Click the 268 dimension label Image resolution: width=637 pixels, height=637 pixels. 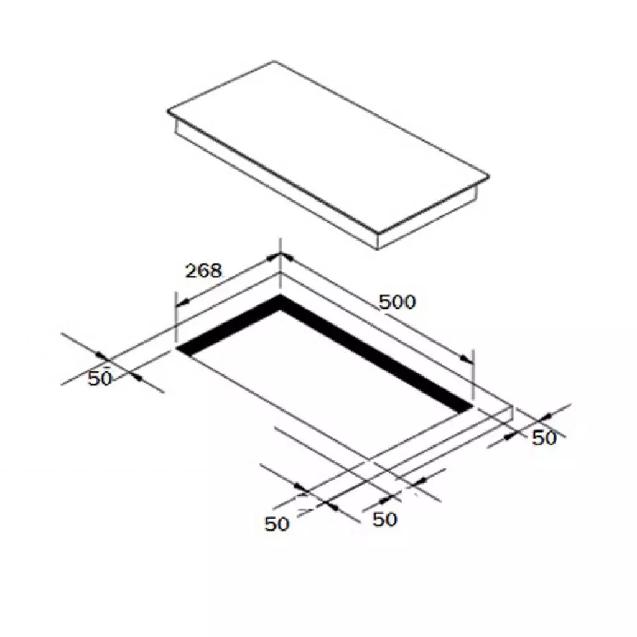203,271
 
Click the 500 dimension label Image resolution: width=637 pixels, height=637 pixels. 398,302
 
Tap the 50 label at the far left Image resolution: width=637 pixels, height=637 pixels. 100,379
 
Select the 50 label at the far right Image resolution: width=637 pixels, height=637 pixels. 544,438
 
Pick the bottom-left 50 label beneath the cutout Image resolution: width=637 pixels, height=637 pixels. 277,524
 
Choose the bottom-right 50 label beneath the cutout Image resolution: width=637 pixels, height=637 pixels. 384,519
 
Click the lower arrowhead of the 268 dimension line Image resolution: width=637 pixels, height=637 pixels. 183,302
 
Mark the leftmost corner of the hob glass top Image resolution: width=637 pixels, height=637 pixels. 167,111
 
